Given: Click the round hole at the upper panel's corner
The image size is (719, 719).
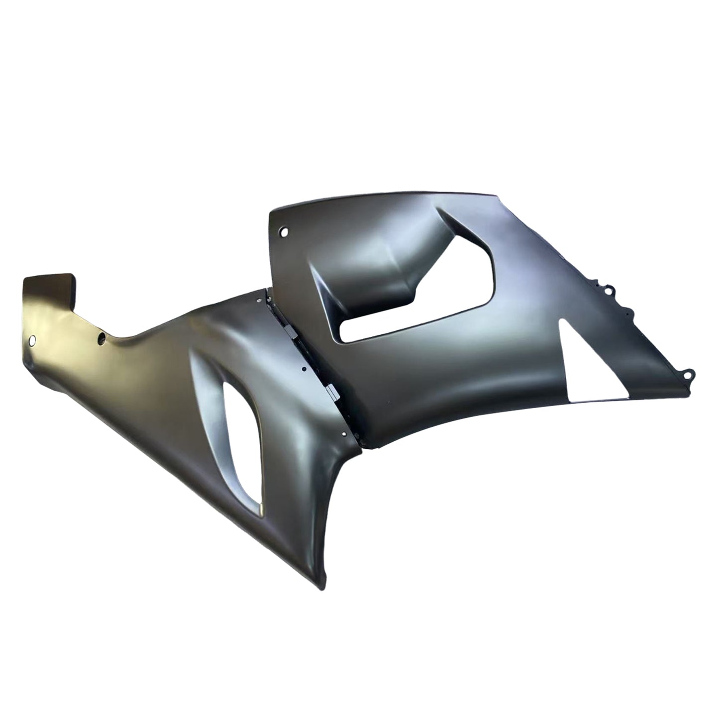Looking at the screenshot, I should point(285,231).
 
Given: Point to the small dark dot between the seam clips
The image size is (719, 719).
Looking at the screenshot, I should point(304,370).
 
